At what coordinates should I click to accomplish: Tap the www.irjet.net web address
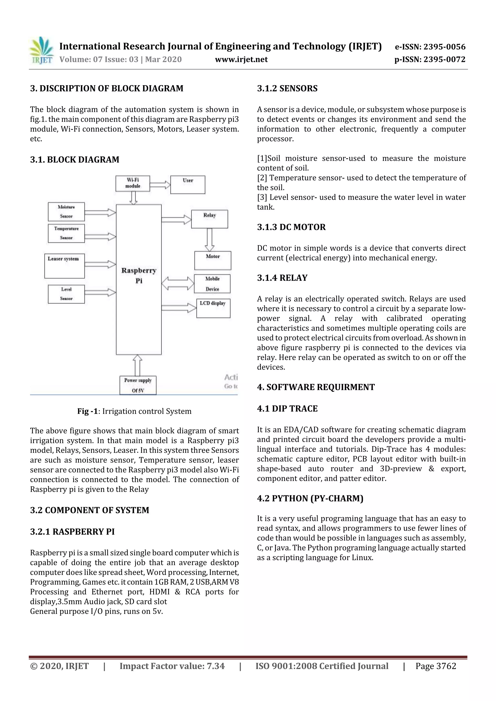click(x=241, y=59)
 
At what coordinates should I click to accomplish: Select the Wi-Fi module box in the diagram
click(x=133, y=183)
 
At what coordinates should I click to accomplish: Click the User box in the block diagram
click(x=188, y=184)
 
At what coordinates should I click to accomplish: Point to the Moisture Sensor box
click(x=66, y=211)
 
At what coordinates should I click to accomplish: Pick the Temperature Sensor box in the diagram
click(x=66, y=233)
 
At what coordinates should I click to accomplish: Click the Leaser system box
click(x=64, y=266)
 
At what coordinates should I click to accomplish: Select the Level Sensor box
click(x=66, y=294)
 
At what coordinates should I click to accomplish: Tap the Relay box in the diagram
click(x=209, y=219)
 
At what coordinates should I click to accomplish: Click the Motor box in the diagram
click(x=213, y=260)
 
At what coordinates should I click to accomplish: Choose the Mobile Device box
click(x=212, y=284)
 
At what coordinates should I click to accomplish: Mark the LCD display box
click(x=213, y=308)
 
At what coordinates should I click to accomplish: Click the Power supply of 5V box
click(x=138, y=385)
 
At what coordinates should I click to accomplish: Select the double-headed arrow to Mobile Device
click(x=178, y=283)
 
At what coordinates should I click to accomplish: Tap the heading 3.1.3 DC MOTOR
click(x=291, y=227)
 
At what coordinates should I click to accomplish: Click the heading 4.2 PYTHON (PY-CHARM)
click(x=310, y=498)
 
